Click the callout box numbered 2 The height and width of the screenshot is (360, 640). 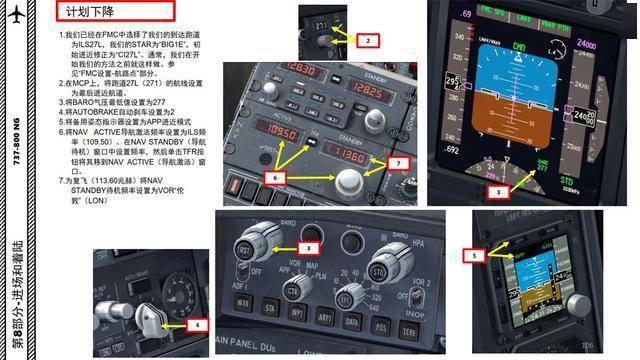pyautogui.click(x=369, y=41)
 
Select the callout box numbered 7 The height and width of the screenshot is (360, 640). pyautogui.click(x=398, y=162)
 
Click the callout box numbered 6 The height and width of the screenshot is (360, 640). pyautogui.click(x=277, y=176)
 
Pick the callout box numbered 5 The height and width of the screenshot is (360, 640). pyautogui.click(x=477, y=255)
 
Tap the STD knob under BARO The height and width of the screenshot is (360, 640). pyautogui.click(x=377, y=273)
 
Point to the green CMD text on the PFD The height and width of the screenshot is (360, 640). pyautogui.click(x=519, y=46)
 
